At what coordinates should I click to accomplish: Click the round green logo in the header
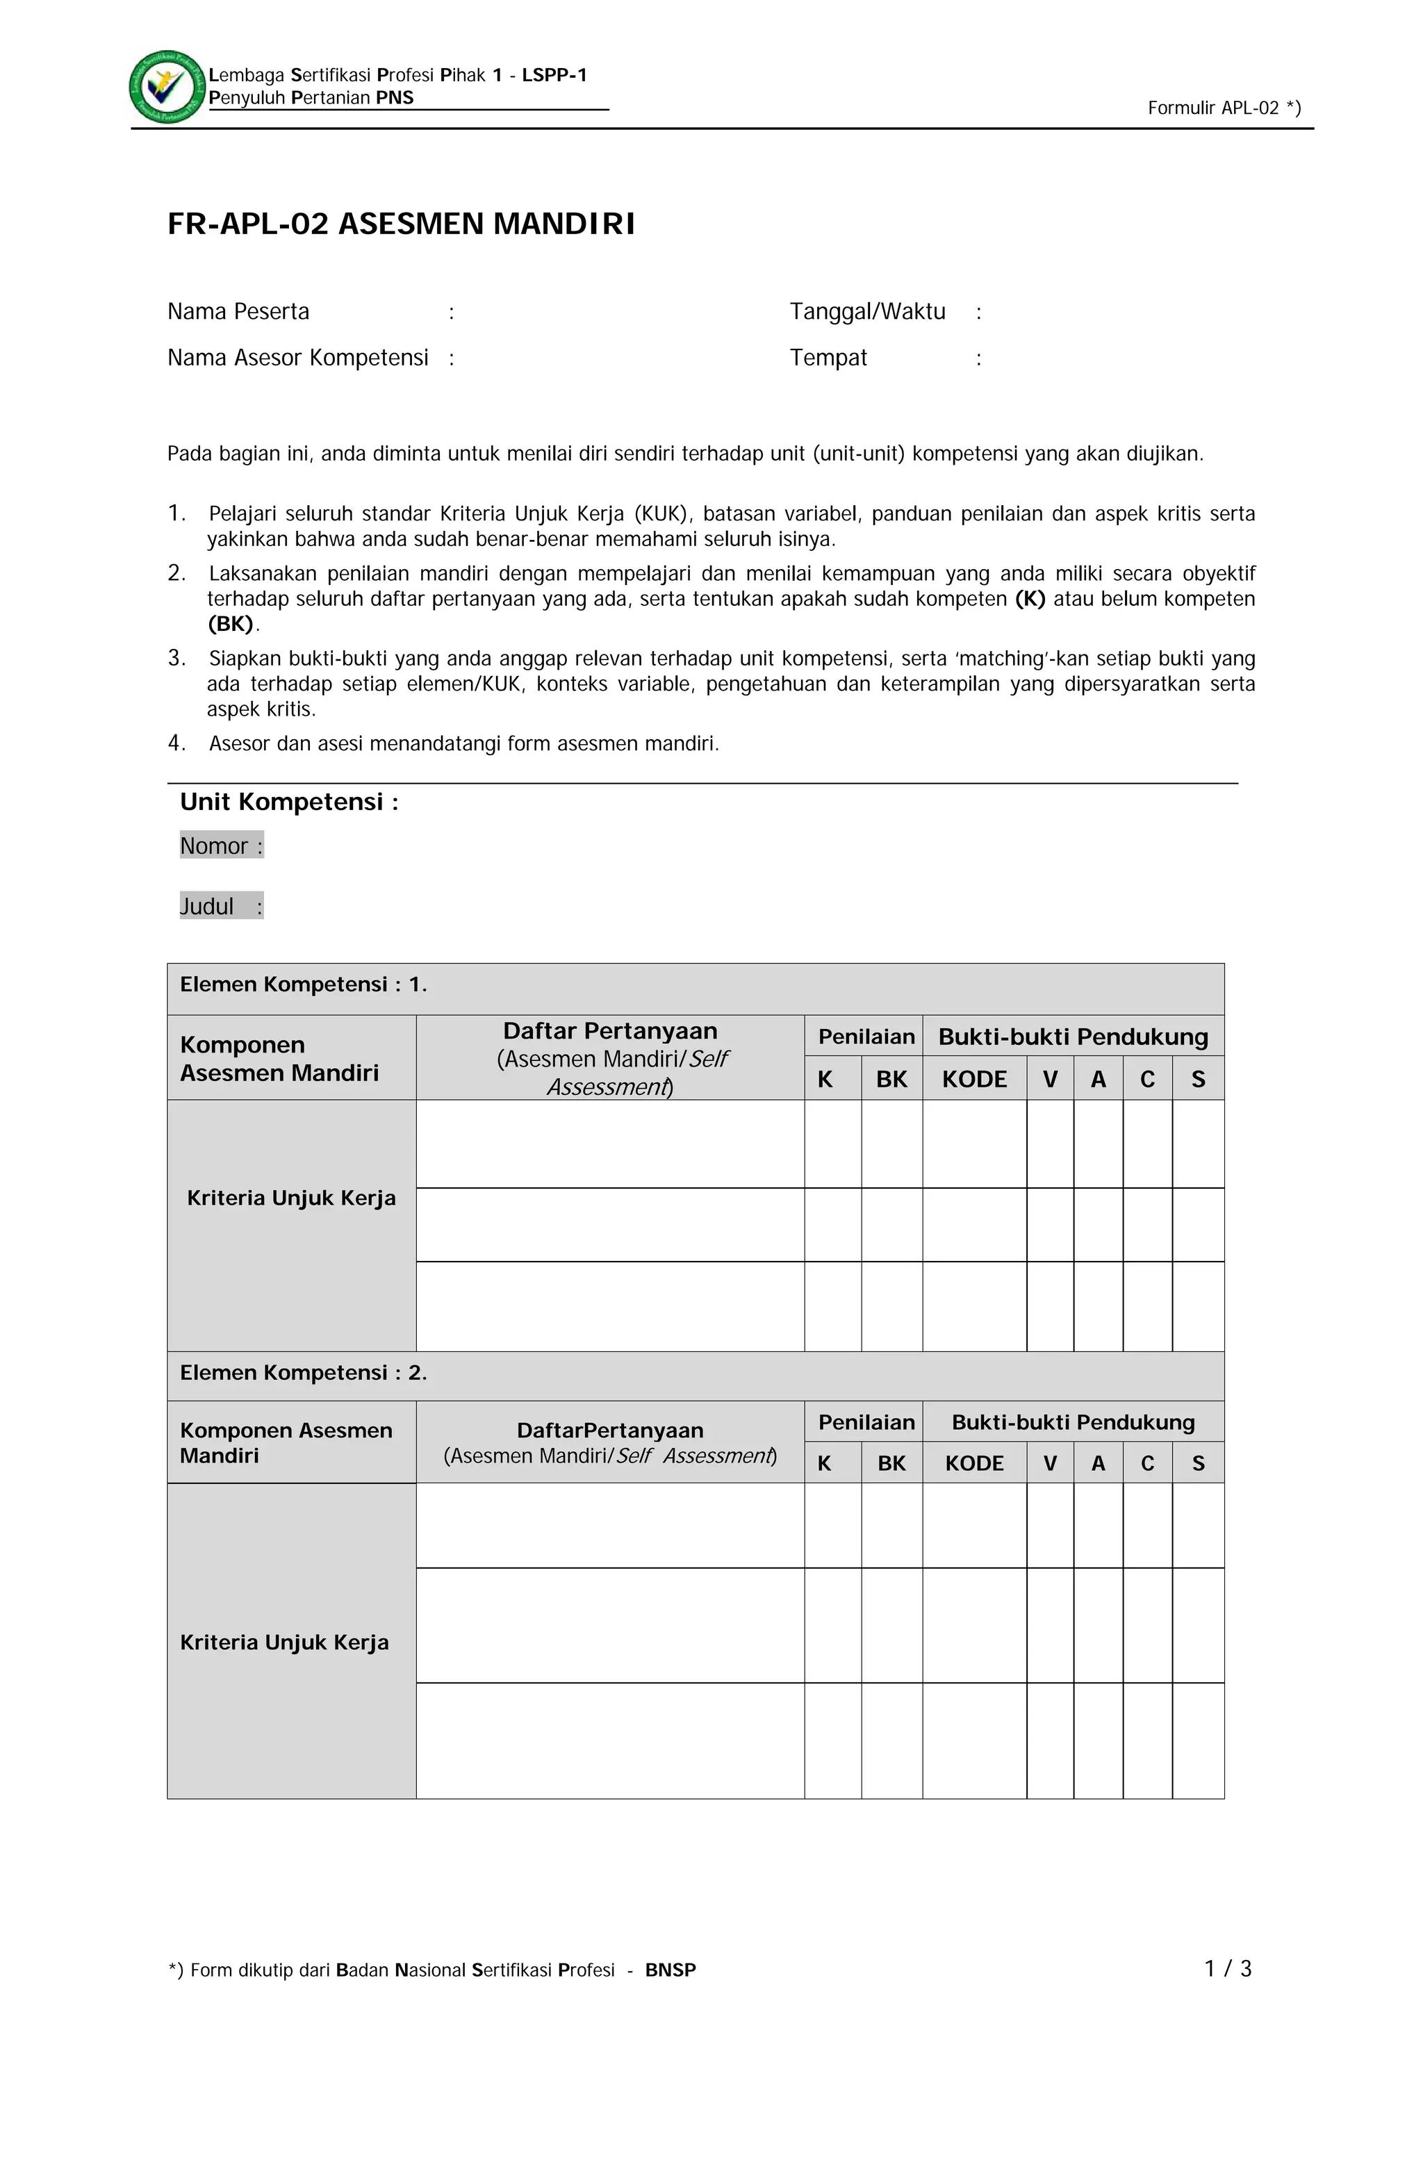(167, 87)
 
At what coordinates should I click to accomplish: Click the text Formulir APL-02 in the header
(1223, 108)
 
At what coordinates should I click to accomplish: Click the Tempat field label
(827, 358)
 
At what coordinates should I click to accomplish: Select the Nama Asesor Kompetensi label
(297, 358)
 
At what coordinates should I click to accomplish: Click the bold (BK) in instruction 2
(231, 625)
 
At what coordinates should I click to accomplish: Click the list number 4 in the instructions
(176, 743)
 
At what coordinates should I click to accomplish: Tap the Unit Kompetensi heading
(288, 802)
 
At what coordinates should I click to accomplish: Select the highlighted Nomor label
(220, 846)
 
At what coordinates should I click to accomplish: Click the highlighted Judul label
(220, 906)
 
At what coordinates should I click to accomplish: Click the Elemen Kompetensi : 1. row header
(303, 984)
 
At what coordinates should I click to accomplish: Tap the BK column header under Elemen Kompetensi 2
(891, 1464)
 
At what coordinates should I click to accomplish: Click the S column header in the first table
(1197, 1080)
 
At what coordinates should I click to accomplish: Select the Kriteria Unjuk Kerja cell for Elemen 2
(284, 1642)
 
